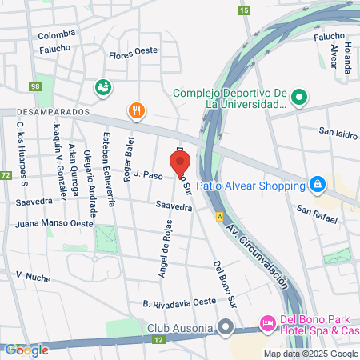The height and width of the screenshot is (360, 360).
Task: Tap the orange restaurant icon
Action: click(x=136, y=110)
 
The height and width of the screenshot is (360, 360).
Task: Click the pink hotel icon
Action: click(x=266, y=324)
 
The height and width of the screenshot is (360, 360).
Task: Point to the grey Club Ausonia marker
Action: click(x=226, y=326)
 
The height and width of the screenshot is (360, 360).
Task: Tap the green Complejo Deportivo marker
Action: click(x=299, y=98)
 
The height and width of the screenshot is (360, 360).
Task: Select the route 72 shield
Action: click(x=6, y=175)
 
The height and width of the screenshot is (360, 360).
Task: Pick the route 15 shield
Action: click(x=243, y=10)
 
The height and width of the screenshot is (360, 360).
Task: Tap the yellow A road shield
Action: click(x=218, y=216)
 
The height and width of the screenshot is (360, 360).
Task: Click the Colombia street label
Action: click(x=56, y=34)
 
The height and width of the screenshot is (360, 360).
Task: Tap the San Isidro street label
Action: click(x=337, y=133)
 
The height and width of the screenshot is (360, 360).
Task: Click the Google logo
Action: click(x=26, y=350)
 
